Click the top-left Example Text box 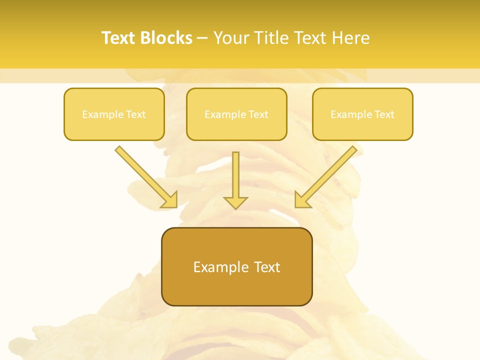[114, 114]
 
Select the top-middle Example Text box [236, 114]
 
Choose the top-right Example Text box [362, 114]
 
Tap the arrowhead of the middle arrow [235, 202]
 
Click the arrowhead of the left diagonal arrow [170, 200]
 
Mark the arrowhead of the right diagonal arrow [302, 200]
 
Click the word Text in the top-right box [384, 114]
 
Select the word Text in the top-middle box [258, 114]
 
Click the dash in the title [202, 38]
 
